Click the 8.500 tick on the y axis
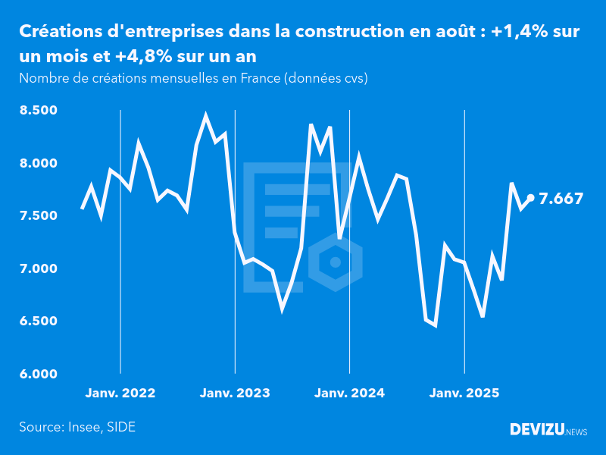pos(38,111)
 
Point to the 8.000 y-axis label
pos(38,163)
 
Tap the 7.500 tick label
pos(38,216)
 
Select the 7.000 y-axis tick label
pos(38,268)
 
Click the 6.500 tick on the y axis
pos(38,322)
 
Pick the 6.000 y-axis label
pos(38,374)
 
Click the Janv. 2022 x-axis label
pos(120,393)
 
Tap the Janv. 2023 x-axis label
pos(235,393)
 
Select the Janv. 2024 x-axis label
pos(349,393)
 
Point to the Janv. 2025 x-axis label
pos(464,393)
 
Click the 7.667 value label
pos(561,199)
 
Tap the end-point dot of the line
pos(530,198)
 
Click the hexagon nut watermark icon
pos(336,262)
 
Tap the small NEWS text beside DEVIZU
pos(576,432)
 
